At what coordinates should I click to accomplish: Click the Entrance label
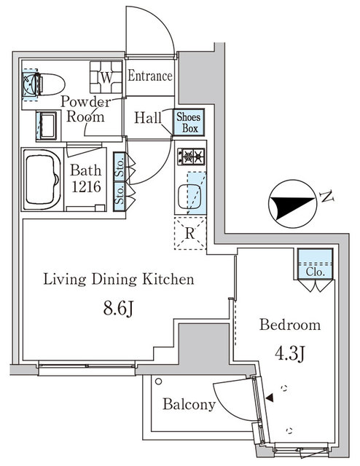tap(151, 76)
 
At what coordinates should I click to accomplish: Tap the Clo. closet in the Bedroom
tap(316, 264)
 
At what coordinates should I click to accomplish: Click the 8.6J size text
tap(118, 309)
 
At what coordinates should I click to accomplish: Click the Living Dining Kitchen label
tap(118, 279)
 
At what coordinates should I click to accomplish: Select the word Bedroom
tap(291, 325)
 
